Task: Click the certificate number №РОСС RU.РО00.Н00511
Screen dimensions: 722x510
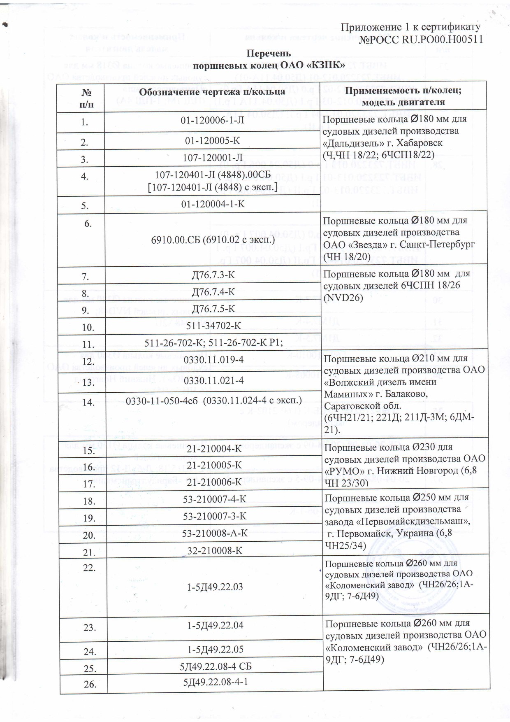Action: point(421,39)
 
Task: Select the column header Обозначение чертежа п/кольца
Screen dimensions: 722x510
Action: point(212,92)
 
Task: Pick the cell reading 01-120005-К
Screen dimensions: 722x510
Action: point(212,141)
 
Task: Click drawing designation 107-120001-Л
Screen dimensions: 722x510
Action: point(212,158)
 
